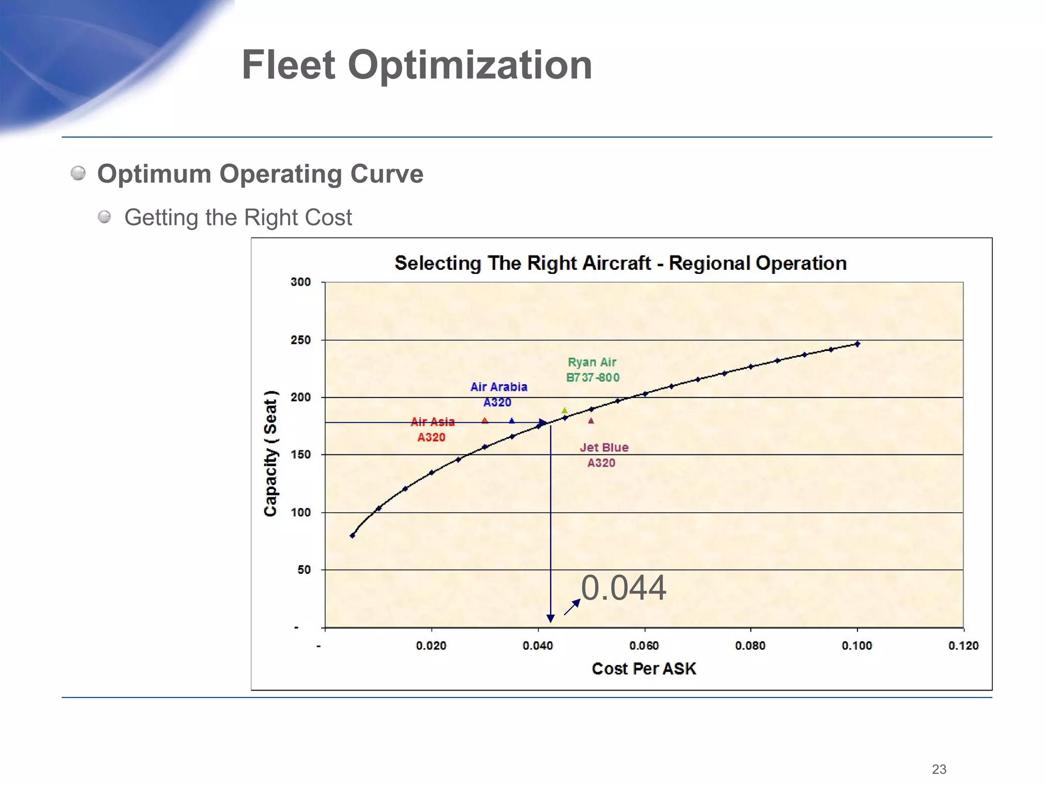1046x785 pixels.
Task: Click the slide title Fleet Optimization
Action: pyautogui.click(x=417, y=65)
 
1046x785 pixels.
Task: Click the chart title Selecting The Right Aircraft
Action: pyautogui.click(x=620, y=263)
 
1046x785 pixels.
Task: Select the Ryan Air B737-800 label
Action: pyautogui.click(x=592, y=370)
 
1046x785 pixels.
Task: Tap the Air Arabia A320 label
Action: pyautogui.click(x=498, y=395)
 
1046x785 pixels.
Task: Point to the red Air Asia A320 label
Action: pyautogui.click(x=432, y=429)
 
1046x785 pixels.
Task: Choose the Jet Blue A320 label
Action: pyautogui.click(x=603, y=455)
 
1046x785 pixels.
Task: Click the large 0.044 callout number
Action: pyautogui.click(x=623, y=588)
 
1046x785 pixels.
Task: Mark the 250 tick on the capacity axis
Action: pyautogui.click(x=300, y=340)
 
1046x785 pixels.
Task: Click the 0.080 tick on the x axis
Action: pyautogui.click(x=750, y=646)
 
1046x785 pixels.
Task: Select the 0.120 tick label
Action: pyautogui.click(x=963, y=646)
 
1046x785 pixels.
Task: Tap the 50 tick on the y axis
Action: pyautogui.click(x=304, y=570)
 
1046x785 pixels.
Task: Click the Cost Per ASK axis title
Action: pyautogui.click(x=644, y=669)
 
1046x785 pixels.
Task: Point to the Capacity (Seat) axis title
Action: pyautogui.click(x=270, y=454)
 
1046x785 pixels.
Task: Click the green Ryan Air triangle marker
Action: pyautogui.click(x=564, y=410)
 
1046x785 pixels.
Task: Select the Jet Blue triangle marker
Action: pyautogui.click(x=591, y=421)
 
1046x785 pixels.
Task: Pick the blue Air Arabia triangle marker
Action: pyautogui.click(x=512, y=421)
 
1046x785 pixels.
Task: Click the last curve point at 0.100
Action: pyautogui.click(x=858, y=344)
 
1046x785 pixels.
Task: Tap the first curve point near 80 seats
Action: pyautogui.click(x=352, y=536)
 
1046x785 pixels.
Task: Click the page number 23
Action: pyautogui.click(x=939, y=769)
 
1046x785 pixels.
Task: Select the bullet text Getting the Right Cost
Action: pyautogui.click(x=238, y=218)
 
